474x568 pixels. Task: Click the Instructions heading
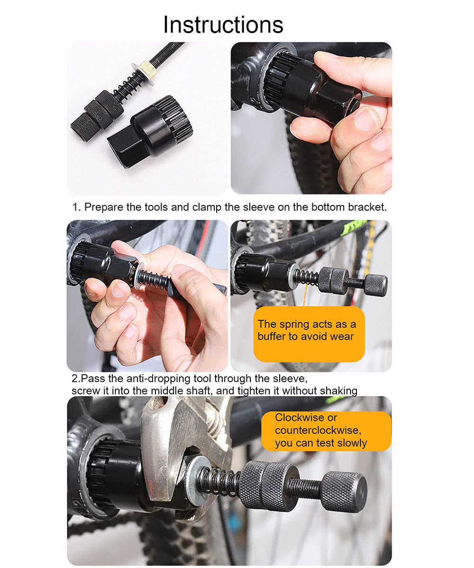[223, 25]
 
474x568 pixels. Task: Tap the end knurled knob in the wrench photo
[344, 492]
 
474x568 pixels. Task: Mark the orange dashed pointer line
[305, 294]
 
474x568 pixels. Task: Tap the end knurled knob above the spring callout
[376, 285]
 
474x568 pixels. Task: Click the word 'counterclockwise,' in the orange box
[318, 430]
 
